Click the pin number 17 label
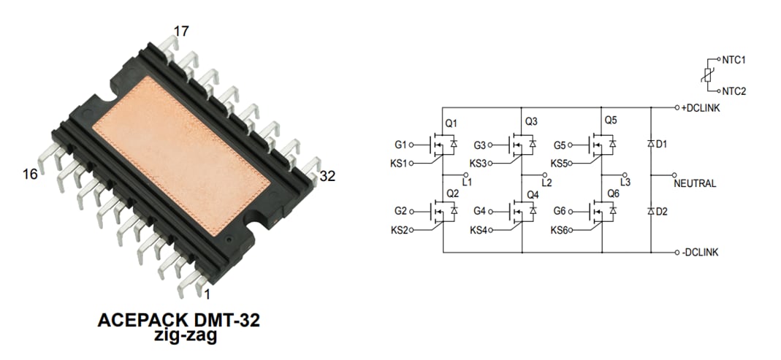coord(181,31)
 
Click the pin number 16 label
coord(29,174)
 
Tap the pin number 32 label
coord(328,175)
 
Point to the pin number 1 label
coord(207,294)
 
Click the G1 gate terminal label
coord(400,145)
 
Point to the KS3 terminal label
coord(478,163)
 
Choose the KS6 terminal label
coord(559,231)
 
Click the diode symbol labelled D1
coord(650,145)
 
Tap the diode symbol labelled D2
coord(650,211)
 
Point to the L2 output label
coord(547,181)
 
